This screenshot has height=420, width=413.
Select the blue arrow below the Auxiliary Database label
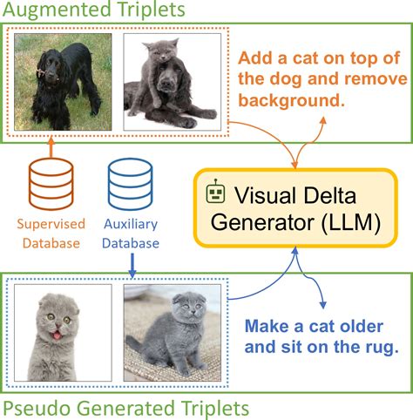coord(131,262)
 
